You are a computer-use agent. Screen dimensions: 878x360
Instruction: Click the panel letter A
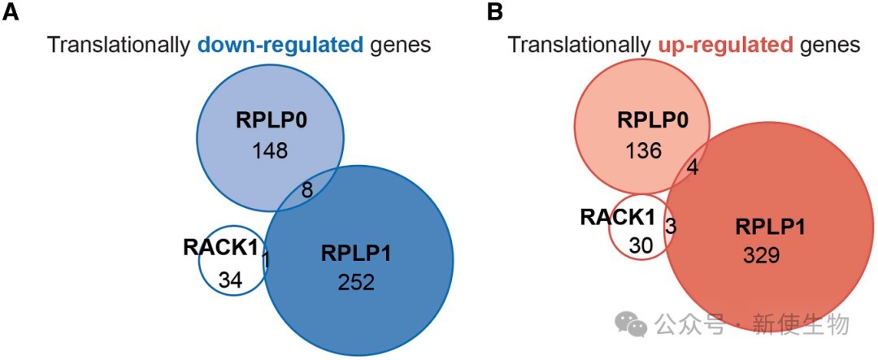(11, 12)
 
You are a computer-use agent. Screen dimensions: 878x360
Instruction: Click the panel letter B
(496, 12)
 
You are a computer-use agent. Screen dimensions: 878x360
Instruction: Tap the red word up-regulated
(728, 45)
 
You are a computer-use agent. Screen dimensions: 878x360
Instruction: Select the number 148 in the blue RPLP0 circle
(269, 150)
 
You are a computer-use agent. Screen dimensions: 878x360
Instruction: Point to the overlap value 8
(306, 190)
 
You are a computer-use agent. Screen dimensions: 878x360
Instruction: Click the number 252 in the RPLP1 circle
(356, 283)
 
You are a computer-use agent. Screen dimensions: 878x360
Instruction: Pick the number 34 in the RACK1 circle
(230, 280)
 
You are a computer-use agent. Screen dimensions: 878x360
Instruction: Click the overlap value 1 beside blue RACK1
(267, 259)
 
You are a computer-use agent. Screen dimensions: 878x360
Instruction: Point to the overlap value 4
(693, 168)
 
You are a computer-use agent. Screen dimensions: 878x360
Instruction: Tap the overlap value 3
(671, 226)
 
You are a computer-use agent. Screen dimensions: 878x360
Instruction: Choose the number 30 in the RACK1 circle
(640, 247)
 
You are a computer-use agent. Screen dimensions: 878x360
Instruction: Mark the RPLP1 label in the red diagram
(771, 228)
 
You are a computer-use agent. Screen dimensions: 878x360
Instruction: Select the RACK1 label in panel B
(614, 217)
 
